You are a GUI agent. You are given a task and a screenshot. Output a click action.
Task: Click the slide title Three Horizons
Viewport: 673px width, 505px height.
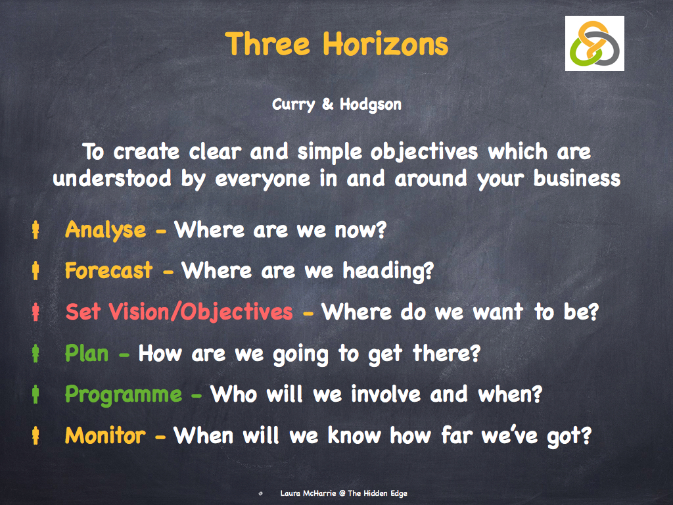pos(336,44)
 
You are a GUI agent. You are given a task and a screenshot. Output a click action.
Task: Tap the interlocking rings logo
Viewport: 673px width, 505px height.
pos(594,43)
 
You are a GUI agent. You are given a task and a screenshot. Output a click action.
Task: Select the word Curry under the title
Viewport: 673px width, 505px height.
pos(294,105)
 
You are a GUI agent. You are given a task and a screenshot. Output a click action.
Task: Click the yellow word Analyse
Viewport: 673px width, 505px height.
pos(105,229)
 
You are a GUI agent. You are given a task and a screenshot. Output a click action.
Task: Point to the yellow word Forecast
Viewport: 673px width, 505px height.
pos(108,270)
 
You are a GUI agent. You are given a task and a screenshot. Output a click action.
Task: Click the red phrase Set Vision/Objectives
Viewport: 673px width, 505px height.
pos(179,312)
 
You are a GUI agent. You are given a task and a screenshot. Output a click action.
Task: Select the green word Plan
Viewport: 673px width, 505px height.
pos(86,353)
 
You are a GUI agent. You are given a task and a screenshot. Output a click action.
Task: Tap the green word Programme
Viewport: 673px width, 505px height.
pos(124,395)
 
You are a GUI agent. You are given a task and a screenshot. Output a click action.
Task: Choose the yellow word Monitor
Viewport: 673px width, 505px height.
pos(105,435)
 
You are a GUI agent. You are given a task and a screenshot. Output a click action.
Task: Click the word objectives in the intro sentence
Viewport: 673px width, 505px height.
pos(424,152)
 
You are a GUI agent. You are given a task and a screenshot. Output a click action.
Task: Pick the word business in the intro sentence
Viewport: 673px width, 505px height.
pos(577,179)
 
